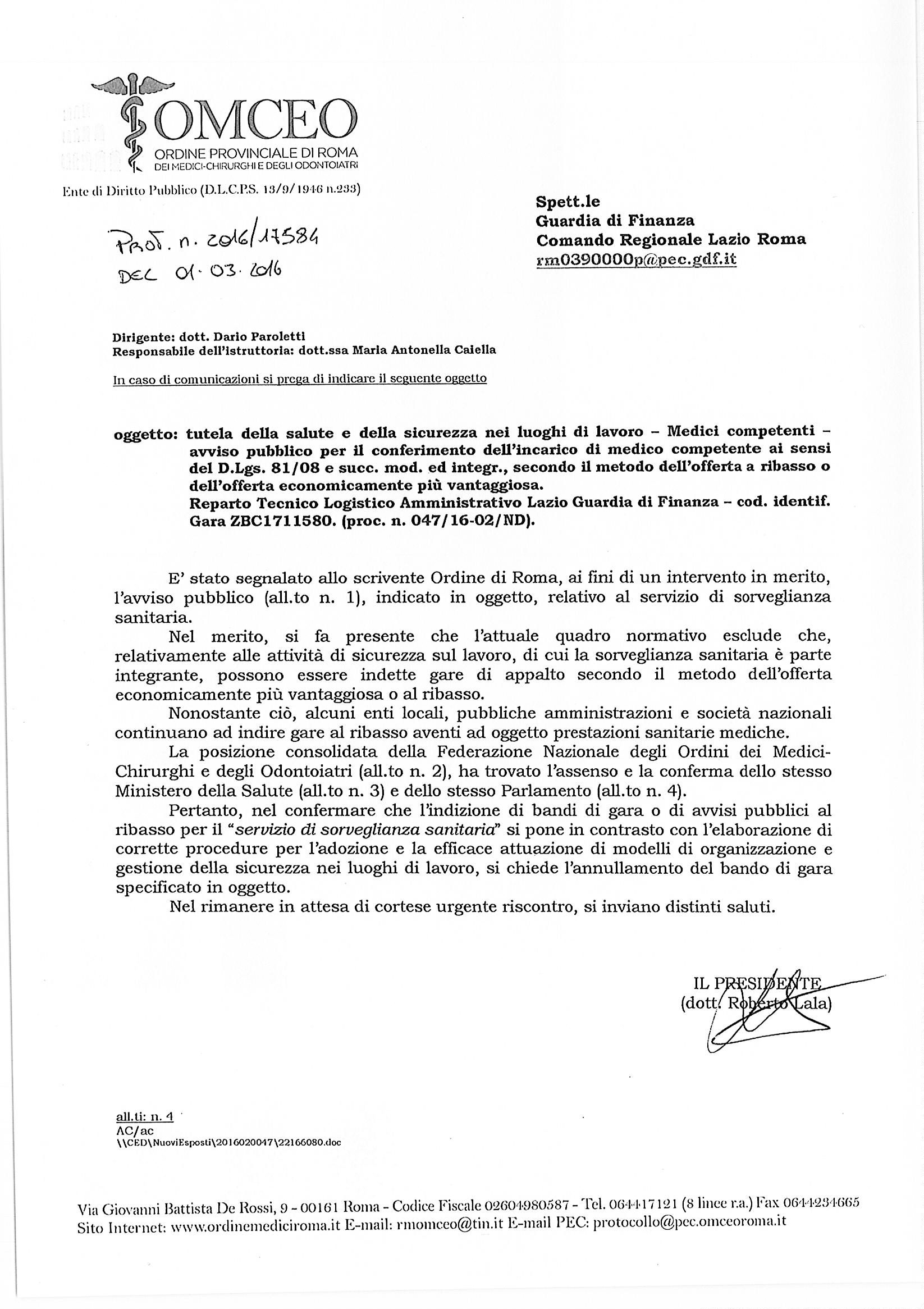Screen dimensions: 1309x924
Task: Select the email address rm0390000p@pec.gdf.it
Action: pyautogui.click(x=636, y=259)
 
